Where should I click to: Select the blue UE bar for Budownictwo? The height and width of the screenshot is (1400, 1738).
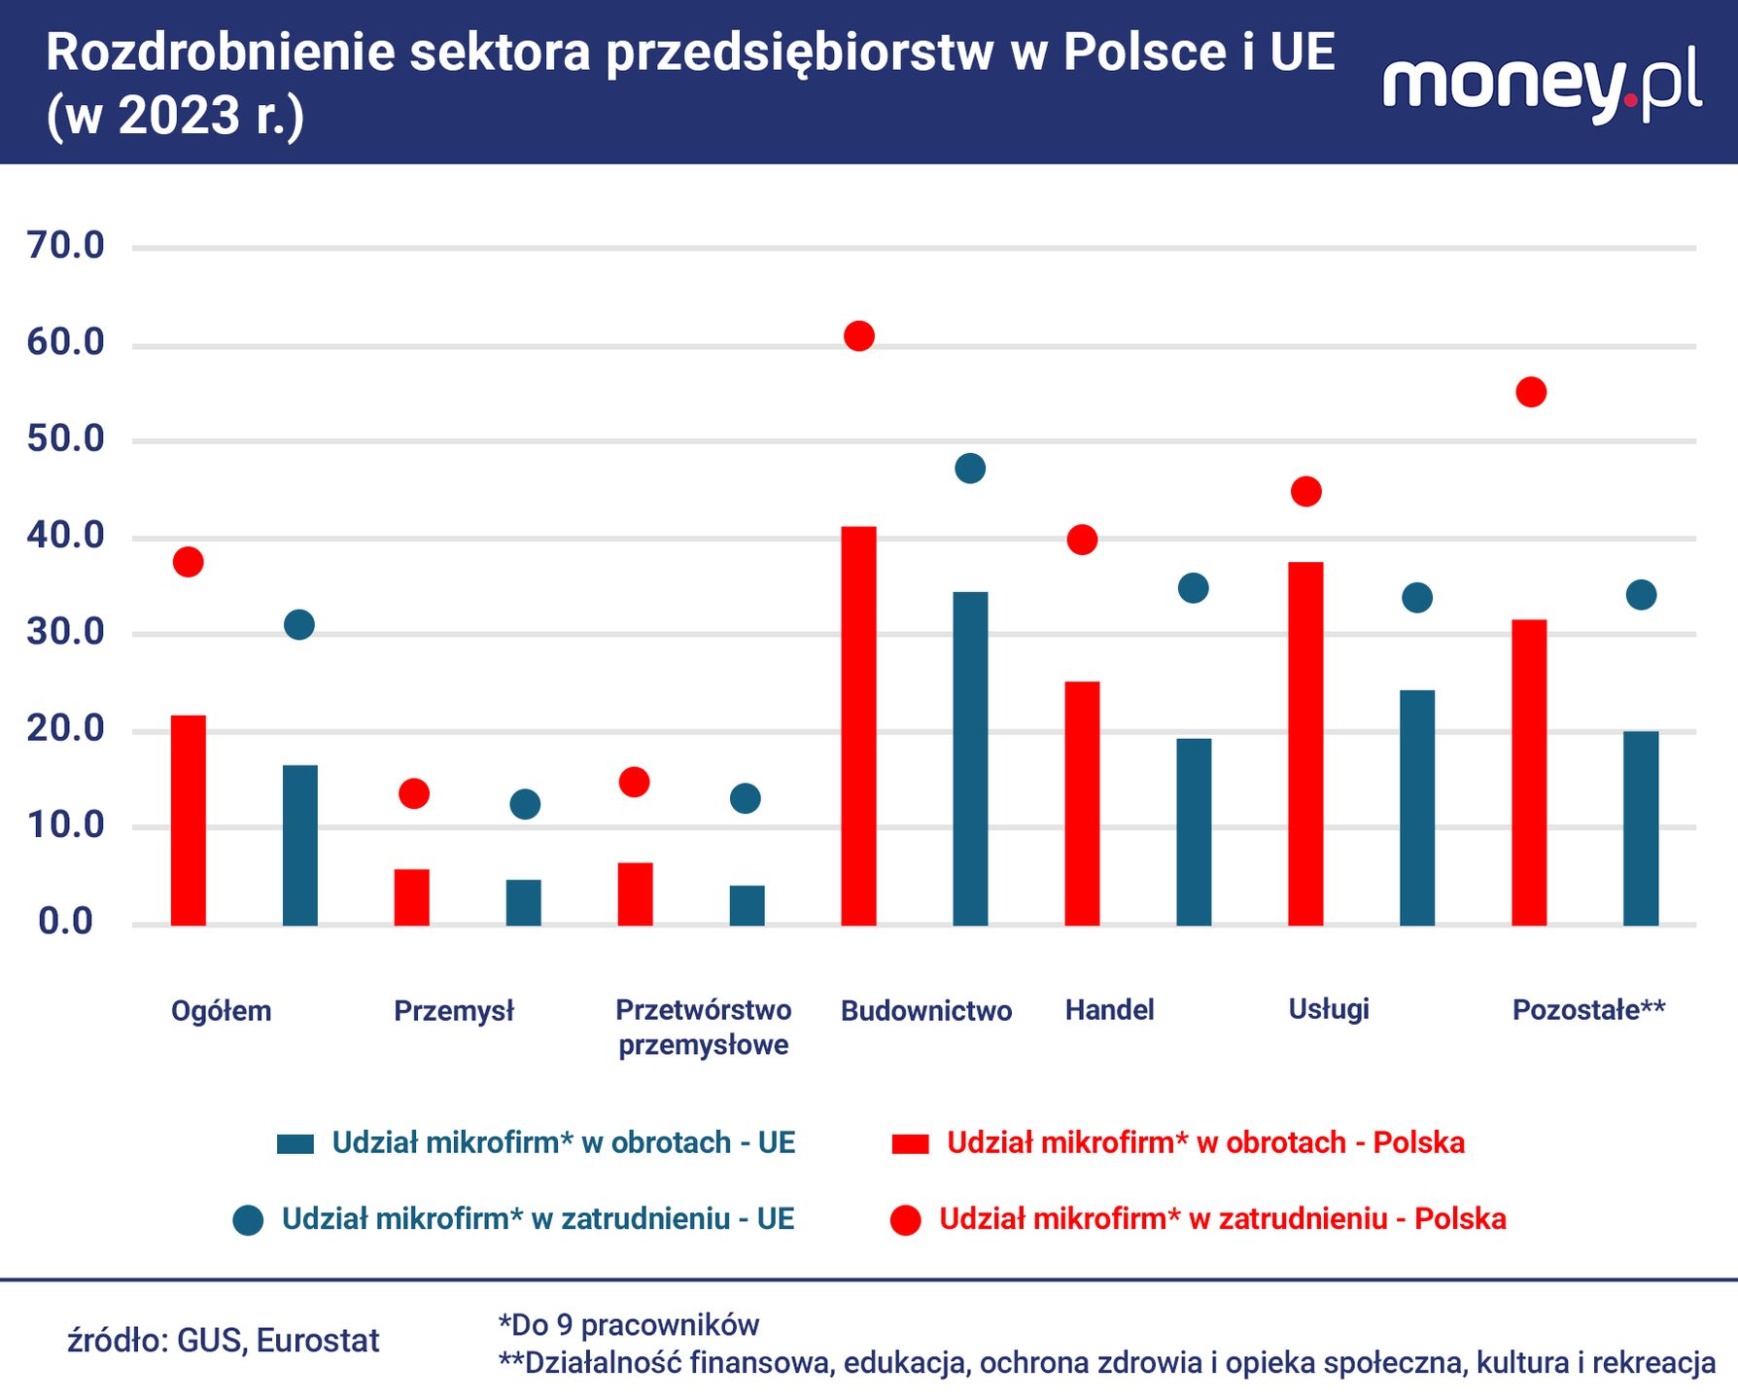point(970,758)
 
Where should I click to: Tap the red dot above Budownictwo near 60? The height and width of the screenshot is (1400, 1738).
point(859,336)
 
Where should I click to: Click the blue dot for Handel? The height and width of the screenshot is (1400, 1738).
point(1193,588)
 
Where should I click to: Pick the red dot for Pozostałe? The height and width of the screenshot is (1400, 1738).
point(1531,393)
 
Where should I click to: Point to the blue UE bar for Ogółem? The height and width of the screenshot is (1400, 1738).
point(299,845)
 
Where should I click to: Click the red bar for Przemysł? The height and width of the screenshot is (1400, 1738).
point(411,896)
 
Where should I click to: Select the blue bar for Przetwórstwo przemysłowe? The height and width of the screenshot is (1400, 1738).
point(747,905)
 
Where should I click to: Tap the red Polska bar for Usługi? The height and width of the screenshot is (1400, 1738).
point(1305,743)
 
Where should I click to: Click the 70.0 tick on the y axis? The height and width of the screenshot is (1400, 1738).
point(66,246)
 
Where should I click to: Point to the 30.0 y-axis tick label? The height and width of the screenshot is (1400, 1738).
point(66,632)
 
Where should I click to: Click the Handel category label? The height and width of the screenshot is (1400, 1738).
point(1109,1010)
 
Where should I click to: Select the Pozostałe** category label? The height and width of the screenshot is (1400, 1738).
point(1588,1010)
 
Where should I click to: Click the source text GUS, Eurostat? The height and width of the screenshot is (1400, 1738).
point(224,1341)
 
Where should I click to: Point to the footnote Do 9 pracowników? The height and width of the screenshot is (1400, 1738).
point(628,1324)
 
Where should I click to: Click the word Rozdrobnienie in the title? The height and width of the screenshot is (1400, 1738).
point(220,52)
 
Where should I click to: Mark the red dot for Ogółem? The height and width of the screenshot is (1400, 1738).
point(188,562)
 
